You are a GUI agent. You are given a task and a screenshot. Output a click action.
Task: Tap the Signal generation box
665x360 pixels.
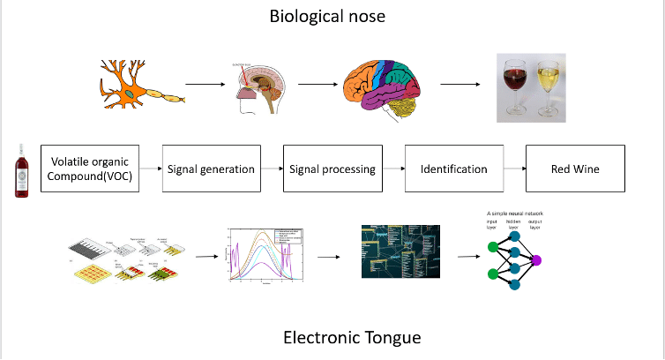coord(211,169)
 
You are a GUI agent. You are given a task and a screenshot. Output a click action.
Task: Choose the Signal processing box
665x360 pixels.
coord(332,169)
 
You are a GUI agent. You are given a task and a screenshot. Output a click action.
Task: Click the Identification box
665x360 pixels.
coord(453,169)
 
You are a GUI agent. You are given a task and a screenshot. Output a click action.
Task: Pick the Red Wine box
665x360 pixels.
coord(574,169)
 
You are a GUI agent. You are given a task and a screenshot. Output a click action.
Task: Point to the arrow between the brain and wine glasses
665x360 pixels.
coord(460,85)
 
